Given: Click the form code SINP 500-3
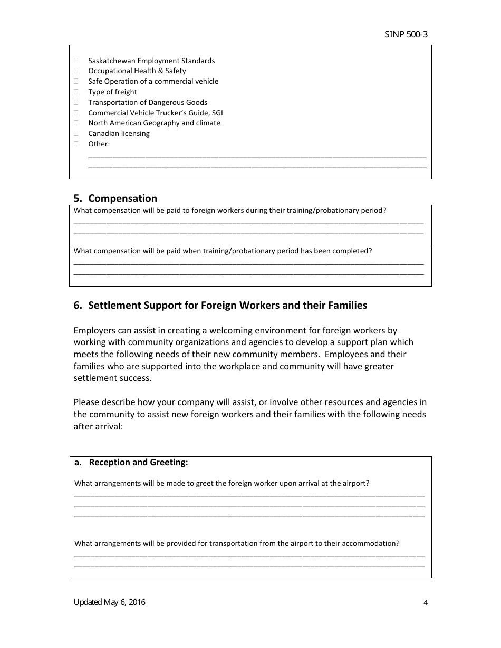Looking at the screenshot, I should [x=406, y=35].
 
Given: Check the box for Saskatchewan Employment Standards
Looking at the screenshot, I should [x=76, y=61].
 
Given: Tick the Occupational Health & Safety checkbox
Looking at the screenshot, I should [x=76, y=71].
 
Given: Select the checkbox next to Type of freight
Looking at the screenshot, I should [x=76, y=92].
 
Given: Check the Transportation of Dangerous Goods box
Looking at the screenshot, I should [x=76, y=102].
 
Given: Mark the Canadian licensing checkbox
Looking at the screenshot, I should [x=76, y=133].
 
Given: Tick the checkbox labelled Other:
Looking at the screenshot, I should [x=76, y=144].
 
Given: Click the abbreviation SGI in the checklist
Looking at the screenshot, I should [x=216, y=113].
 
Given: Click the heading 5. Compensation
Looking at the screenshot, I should [x=115, y=198].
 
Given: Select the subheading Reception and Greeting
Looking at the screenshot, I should [x=138, y=463].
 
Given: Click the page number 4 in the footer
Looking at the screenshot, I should [x=426, y=603].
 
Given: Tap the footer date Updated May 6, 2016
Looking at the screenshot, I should [x=110, y=602].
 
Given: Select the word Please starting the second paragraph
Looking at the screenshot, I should [x=86, y=402].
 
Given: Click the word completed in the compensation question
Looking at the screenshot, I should [x=352, y=251].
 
